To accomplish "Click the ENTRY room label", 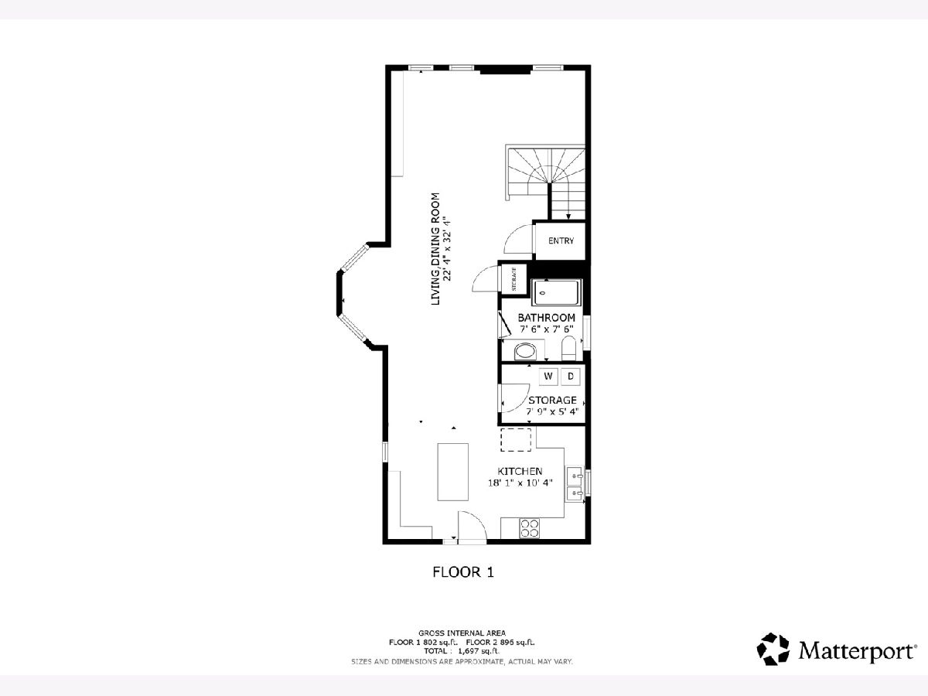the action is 561,241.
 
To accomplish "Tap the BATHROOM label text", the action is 546,317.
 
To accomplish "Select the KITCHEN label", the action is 520,471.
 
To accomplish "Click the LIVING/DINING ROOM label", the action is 435,249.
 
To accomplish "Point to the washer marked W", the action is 548,377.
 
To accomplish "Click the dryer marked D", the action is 570,377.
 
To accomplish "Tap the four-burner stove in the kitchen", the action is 529,528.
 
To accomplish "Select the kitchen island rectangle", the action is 453,472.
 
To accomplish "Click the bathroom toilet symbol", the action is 568,349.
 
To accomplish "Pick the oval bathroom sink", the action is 525,352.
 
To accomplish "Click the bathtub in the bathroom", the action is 555,292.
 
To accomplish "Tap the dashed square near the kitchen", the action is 516,440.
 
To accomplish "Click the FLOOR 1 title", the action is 463,572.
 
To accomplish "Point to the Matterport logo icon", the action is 773,649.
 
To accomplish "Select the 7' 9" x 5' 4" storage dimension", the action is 552,411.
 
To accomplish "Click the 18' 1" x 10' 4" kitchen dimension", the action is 520,483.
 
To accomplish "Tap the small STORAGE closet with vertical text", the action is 514,279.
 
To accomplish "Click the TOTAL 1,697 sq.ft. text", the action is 462,651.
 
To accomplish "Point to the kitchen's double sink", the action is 575,484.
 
